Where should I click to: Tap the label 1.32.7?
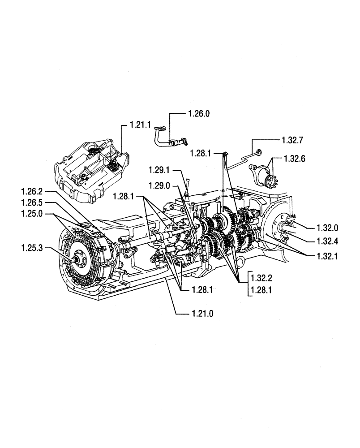tap(293, 140)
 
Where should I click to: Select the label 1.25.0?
tap(32, 214)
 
